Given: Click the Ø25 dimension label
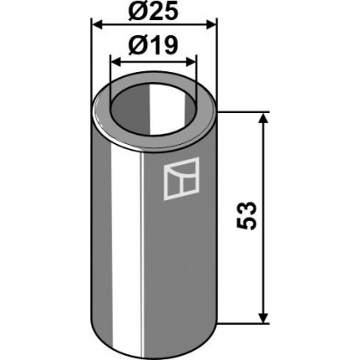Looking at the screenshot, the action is (x=153, y=12).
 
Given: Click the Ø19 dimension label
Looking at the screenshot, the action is (x=153, y=46).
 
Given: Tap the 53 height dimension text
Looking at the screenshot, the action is (x=246, y=215).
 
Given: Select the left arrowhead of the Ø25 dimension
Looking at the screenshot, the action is (x=98, y=25).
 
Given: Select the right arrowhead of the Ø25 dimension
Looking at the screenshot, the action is (x=211, y=25).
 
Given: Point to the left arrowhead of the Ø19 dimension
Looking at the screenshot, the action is (x=116, y=63).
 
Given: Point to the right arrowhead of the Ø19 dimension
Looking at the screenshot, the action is (x=191, y=63).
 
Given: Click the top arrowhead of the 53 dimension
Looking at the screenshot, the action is (x=263, y=118).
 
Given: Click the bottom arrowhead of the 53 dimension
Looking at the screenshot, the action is (x=263, y=318).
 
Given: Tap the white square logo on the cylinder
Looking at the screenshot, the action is (x=182, y=178).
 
